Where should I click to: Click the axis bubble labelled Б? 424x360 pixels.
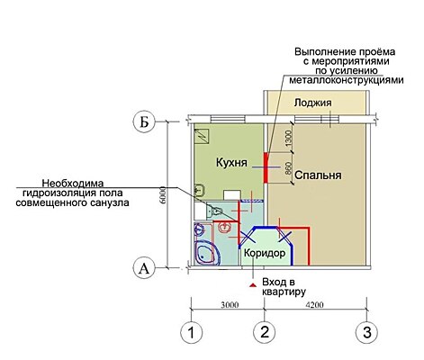click(x=144, y=122)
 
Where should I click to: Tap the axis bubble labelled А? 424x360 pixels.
click(x=144, y=268)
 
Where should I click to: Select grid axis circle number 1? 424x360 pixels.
click(x=191, y=333)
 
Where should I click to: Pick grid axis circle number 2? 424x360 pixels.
click(x=265, y=332)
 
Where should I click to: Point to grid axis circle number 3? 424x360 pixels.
click(x=366, y=332)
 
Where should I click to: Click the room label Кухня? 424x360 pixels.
click(x=231, y=163)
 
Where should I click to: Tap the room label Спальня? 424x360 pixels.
click(x=318, y=175)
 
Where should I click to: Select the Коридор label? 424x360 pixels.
click(x=265, y=253)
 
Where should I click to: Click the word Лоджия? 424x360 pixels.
click(x=313, y=103)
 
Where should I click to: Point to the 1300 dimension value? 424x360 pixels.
click(x=288, y=139)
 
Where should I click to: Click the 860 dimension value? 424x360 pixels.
click(x=288, y=168)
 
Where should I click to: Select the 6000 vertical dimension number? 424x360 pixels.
click(x=163, y=195)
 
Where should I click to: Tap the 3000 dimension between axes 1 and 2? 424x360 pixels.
click(x=230, y=305)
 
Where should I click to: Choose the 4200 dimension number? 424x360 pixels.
click(x=314, y=305)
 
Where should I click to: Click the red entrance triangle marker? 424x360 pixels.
click(x=253, y=284)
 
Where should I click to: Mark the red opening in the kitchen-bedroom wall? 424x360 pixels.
click(x=266, y=167)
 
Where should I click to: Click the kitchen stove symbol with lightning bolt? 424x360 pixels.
click(x=202, y=137)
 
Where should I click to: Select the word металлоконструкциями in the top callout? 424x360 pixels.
click(x=347, y=80)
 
